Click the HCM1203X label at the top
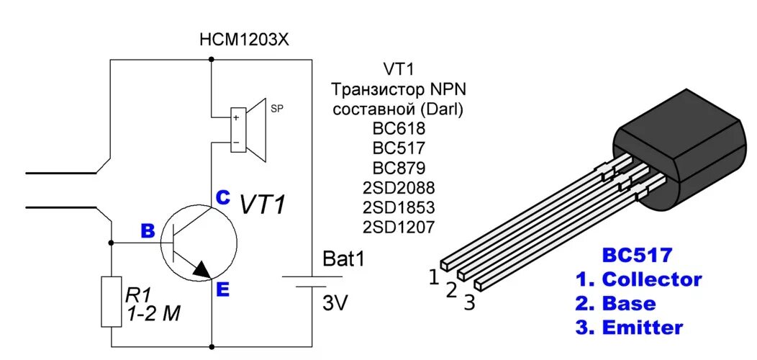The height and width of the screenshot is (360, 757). point(244,40)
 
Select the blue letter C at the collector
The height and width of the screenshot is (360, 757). point(222,197)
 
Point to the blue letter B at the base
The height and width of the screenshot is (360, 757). point(147,231)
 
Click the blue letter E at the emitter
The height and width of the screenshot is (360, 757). point(222,289)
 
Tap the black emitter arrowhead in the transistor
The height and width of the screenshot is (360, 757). point(202,269)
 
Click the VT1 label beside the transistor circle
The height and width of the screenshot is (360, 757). point(263,204)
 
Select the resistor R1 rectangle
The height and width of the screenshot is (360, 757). point(112,302)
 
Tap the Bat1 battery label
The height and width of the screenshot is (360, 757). point(344,258)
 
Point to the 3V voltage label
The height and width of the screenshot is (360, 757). point(335,304)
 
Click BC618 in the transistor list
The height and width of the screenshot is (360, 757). point(399,130)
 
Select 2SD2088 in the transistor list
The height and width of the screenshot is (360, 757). point(399,188)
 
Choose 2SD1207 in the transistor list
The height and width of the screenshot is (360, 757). point(399,227)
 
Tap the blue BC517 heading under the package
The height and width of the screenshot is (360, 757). point(638,255)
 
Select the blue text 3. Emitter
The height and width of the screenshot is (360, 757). point(629,328)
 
